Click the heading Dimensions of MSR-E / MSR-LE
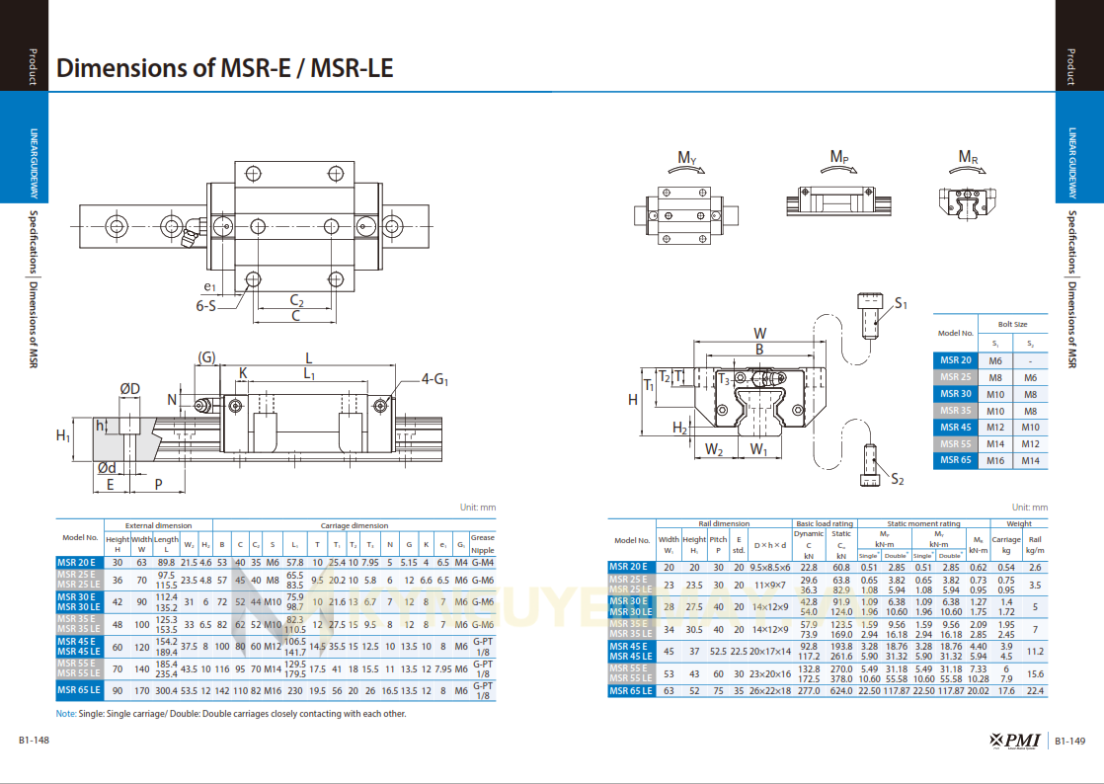225,68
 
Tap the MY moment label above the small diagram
687,158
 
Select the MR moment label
968,157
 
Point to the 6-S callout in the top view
206,306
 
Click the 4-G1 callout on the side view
434,378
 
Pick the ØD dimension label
129,389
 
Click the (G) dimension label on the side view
206,356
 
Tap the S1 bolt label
901,303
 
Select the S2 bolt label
897,479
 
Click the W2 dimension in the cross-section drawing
715,450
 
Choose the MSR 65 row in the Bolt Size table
955,460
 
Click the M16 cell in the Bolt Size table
995,460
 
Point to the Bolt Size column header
1012,324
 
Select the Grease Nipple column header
483,544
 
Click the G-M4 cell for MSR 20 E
483,562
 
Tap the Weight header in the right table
1019,523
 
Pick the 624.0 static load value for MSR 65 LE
841,691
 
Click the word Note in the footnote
65,713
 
